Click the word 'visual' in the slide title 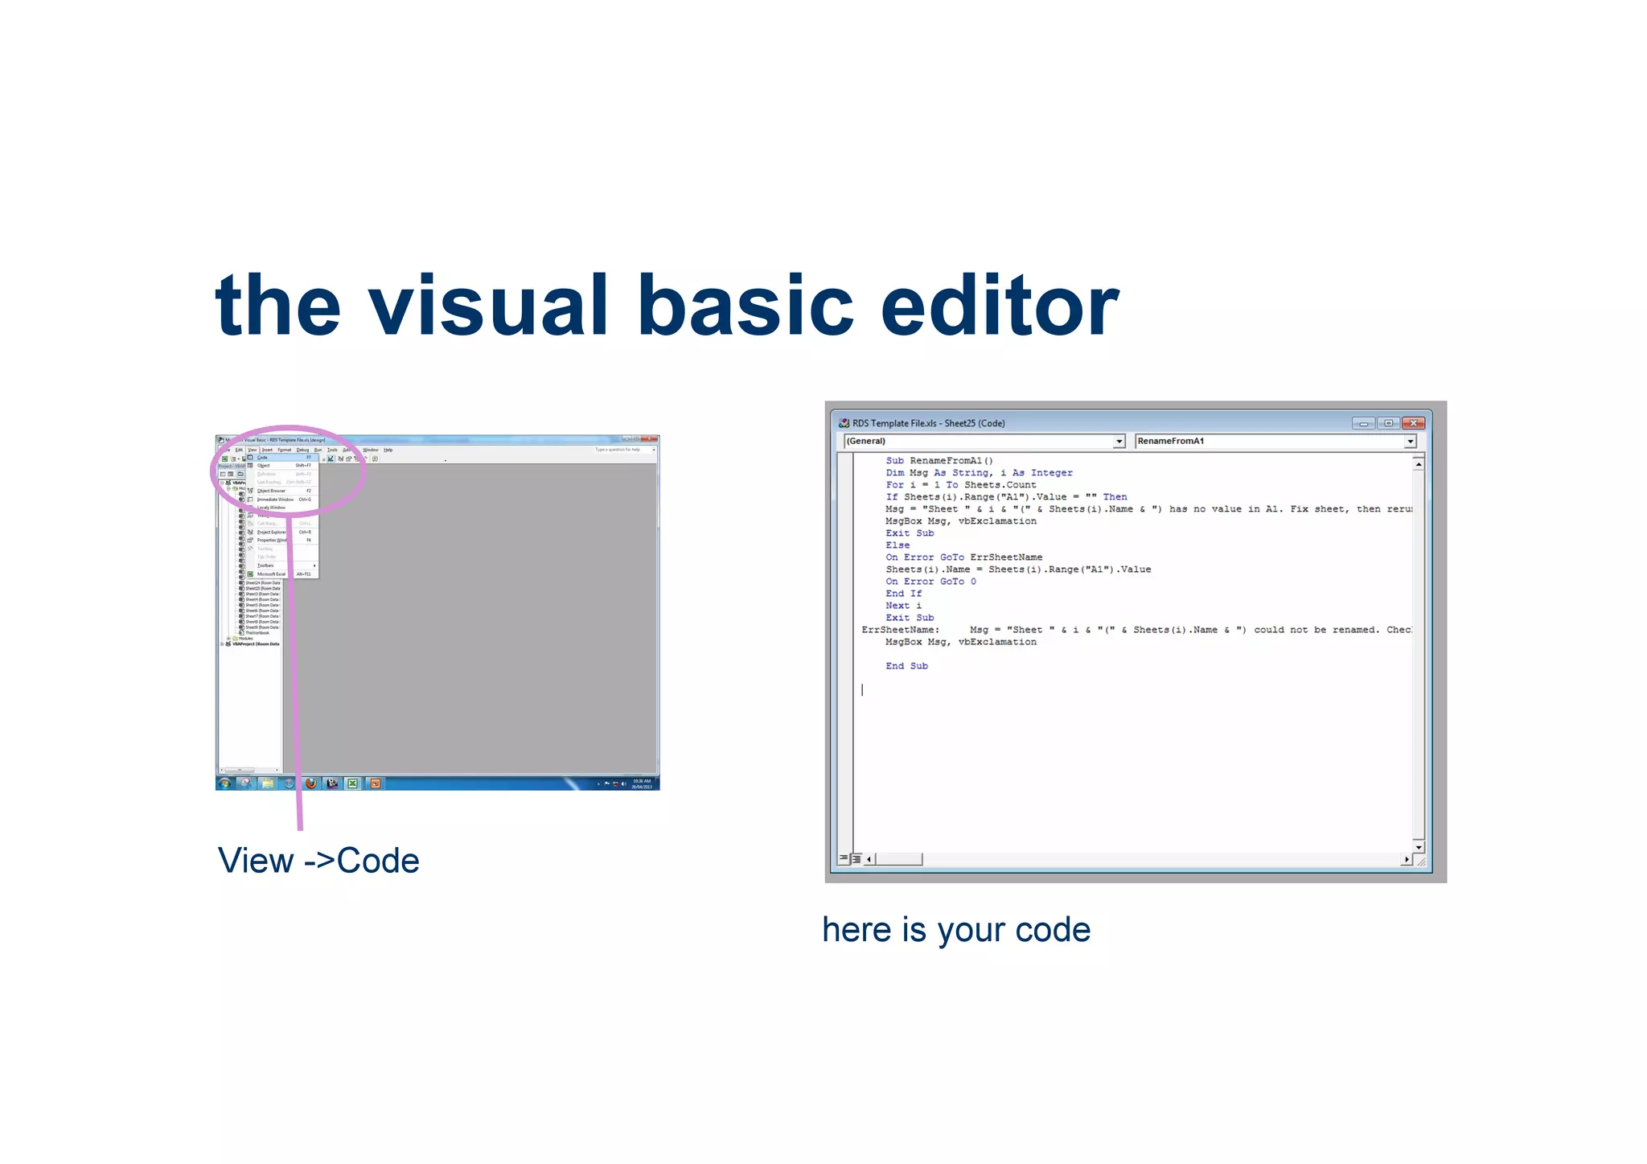pos(487,306)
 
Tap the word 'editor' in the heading pos(999,306)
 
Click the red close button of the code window pos(1413,423)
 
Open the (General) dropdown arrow pos(1119,442)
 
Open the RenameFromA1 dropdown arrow pos(1410,442)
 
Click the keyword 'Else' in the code pos(897,545)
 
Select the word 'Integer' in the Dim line pos(1051,473)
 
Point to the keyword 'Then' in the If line pos(1115,497)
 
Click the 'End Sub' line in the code pos(906,666)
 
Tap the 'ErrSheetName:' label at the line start pos(900,630)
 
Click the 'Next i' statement pos(903,606)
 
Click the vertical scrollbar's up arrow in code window pos(1419,464)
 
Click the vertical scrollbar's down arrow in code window pos(1419,847)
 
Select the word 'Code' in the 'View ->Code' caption pos(378,861)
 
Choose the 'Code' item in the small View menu pos(263,458)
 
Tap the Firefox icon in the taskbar pos(310,784)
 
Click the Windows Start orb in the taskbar pos(225,784)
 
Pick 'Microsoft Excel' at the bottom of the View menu pos(271,574)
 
